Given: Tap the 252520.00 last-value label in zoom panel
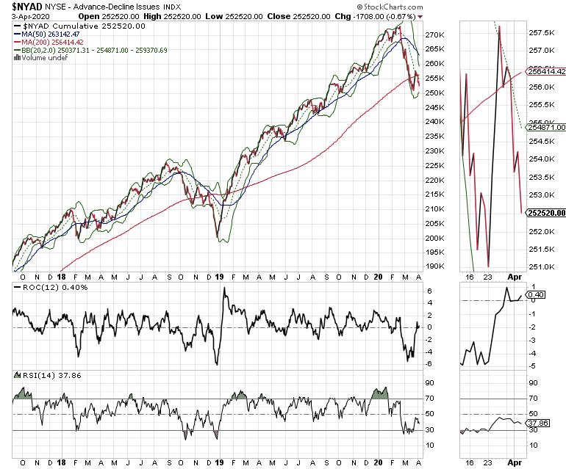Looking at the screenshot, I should [x=545, y=213].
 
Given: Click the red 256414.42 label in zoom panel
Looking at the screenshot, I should [x=545, y=71].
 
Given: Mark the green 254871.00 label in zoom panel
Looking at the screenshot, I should [x=545, y=127].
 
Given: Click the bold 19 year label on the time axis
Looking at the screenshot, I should [x=219, y=278].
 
